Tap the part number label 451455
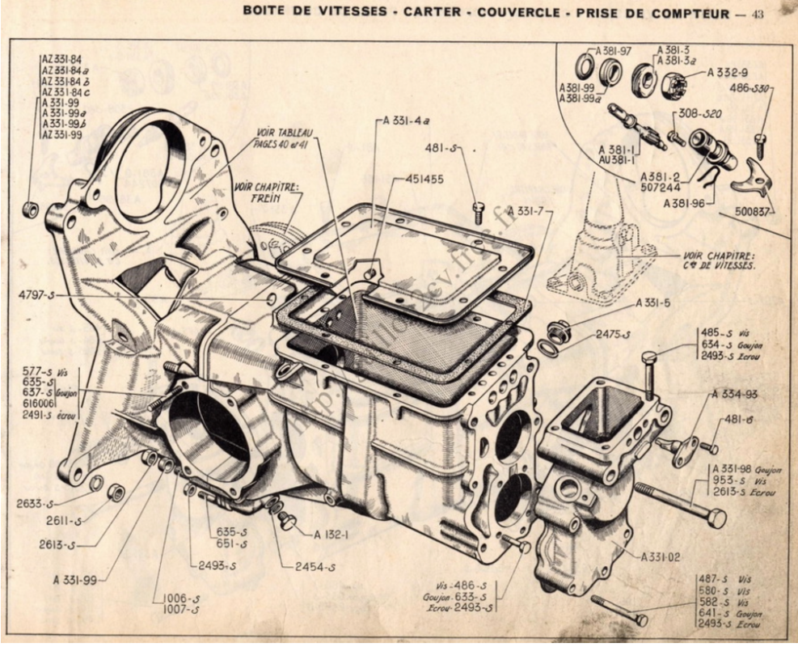pos(422,180)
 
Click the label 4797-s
pos(36,297)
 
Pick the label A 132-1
pos(333,535)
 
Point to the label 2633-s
pos(36,503)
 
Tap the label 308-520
pos(699,112)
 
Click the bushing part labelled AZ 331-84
pos(31,210)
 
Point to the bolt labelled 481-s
pos(478,211)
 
